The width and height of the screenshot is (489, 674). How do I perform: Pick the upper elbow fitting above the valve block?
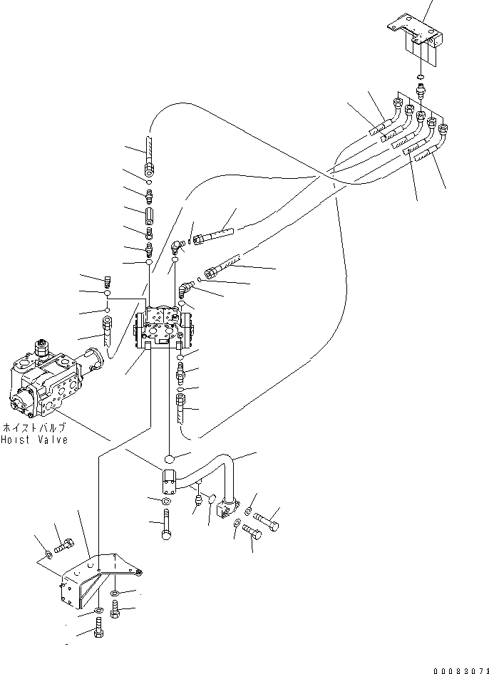click(x=178, y=245)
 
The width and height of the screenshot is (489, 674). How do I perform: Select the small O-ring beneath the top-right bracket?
click(x=421, y=78)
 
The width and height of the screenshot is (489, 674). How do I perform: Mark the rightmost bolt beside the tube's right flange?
click(x=266, y=522)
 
